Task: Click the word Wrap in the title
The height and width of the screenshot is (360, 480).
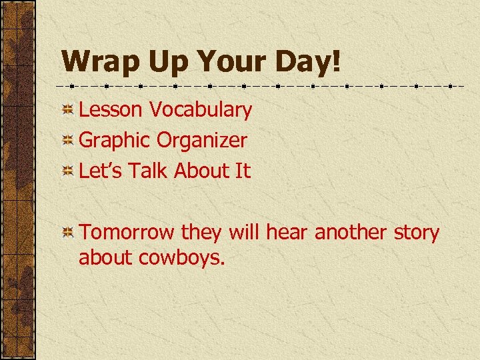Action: [x=98, y=61]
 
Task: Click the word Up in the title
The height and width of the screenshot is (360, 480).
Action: [x=162, y=61]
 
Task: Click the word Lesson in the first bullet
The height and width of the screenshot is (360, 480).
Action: [x=111, y=109]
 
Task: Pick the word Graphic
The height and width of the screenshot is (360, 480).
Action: [x=115, y=140]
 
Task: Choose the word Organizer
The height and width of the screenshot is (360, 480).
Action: [x=202, y=140]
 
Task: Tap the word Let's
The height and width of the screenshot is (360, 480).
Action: [x=101, y=171]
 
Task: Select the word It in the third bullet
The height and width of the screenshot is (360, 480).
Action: [x=242, y=171]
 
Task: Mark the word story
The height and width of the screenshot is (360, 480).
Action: [x=416, y=233]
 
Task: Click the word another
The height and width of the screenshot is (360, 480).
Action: [x=350, y=233]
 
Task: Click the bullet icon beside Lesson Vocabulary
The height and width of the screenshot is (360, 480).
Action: [x=67, y=110]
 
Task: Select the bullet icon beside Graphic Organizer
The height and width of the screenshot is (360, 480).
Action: [x=67, y=141]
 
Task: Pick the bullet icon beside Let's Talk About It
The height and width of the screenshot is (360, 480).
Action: [x=67, y=171]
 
